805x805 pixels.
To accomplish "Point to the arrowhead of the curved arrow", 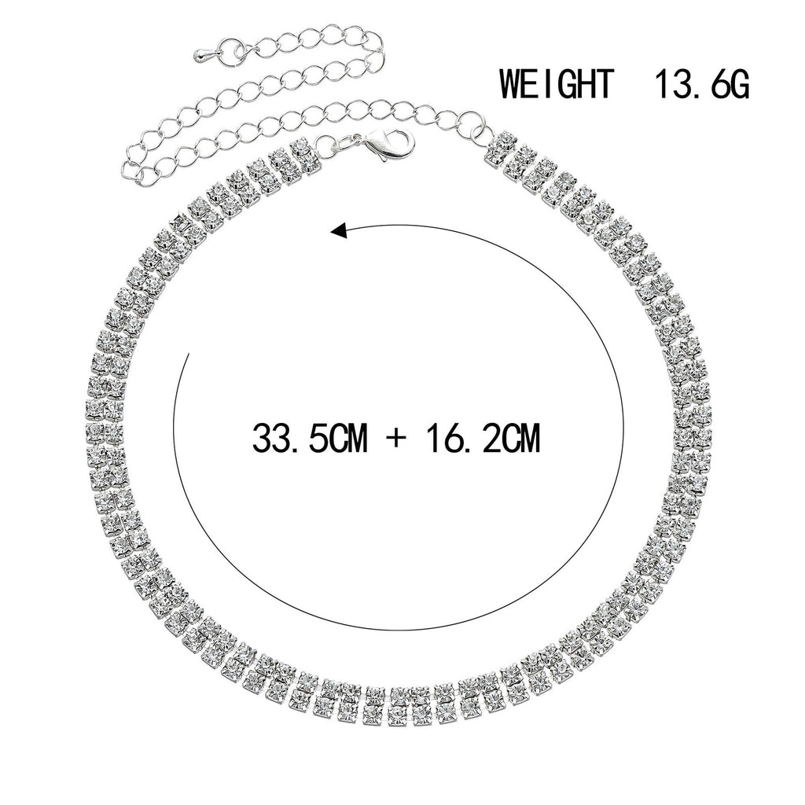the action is pos(340,232).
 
